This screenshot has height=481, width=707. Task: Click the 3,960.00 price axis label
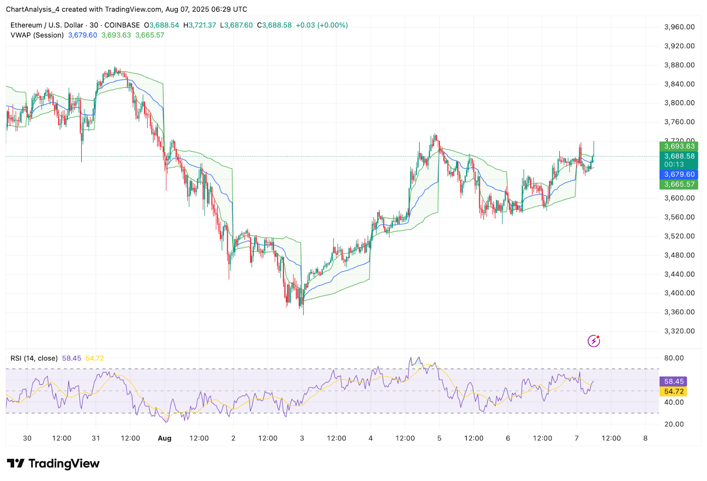[x=679, y=27]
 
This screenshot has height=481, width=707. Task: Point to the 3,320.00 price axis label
[x=679, y=331]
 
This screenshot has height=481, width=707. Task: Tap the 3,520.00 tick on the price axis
[x=679, y=236]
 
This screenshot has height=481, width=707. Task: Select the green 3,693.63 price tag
[x=679, y=146]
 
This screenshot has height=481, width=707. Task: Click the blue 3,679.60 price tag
[x=679, y=174]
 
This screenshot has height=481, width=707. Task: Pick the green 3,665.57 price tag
[x=679, y=184]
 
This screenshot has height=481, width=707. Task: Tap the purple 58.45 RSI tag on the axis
[x=674, y=381]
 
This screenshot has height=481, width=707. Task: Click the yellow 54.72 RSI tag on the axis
[x=674, y=391]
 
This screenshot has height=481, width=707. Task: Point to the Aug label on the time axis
[x=164, y=438]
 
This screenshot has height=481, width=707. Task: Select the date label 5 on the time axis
[x=439, y=438]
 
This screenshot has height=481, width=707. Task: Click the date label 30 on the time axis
[x=27, y=438]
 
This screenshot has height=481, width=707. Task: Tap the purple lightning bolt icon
[x=593, y=341]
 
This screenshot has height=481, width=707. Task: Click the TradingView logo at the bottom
[x=53, y=463]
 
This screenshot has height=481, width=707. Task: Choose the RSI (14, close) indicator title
[x=34, y=358]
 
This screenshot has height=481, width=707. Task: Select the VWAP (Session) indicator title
[x=37, y=35]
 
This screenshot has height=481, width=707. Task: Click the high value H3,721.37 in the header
[x=200, y=25]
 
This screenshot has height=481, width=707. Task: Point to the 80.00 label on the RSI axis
[x=674, y=358]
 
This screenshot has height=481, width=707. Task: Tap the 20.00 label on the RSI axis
[x=674, y=424]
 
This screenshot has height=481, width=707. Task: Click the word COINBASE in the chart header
[x=122, y=25]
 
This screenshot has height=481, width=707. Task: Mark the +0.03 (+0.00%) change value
[x=322, y=25]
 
